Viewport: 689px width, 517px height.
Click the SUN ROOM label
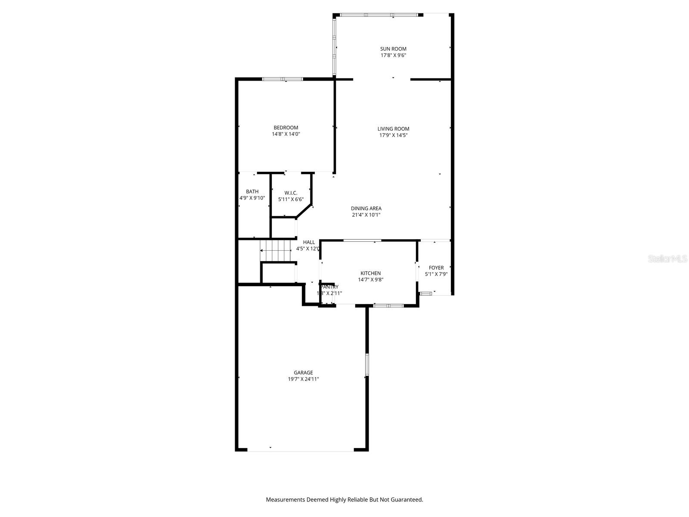(x=393, y=49)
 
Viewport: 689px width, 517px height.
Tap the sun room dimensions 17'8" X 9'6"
(x=393, y=55)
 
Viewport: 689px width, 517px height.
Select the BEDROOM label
(x=286, y=128)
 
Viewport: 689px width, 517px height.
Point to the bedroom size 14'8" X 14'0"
(x=286, y=134)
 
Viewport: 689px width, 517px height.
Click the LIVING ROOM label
(x=393, y=129)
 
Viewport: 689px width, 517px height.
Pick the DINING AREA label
(x=366, y=209)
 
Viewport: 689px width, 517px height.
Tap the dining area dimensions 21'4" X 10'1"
(x=366, y=215)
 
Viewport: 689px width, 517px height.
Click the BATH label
(x=252, y=192)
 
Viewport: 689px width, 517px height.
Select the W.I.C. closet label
(x=291, y=193)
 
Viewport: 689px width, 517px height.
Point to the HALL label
(x=309, y=243)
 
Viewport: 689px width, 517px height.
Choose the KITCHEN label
(x=370, y=273)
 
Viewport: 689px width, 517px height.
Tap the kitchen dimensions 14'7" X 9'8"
(x=370, y=280)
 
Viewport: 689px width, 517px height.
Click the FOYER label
(x=436, y=268)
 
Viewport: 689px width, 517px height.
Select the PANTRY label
(x=329, y=287)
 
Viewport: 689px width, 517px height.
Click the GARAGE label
(x=303, y=373)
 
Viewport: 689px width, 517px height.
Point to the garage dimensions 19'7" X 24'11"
(x=303, y=379)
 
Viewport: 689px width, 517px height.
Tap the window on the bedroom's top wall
(x=282, y=79)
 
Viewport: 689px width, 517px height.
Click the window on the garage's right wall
(x=367, y=364)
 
